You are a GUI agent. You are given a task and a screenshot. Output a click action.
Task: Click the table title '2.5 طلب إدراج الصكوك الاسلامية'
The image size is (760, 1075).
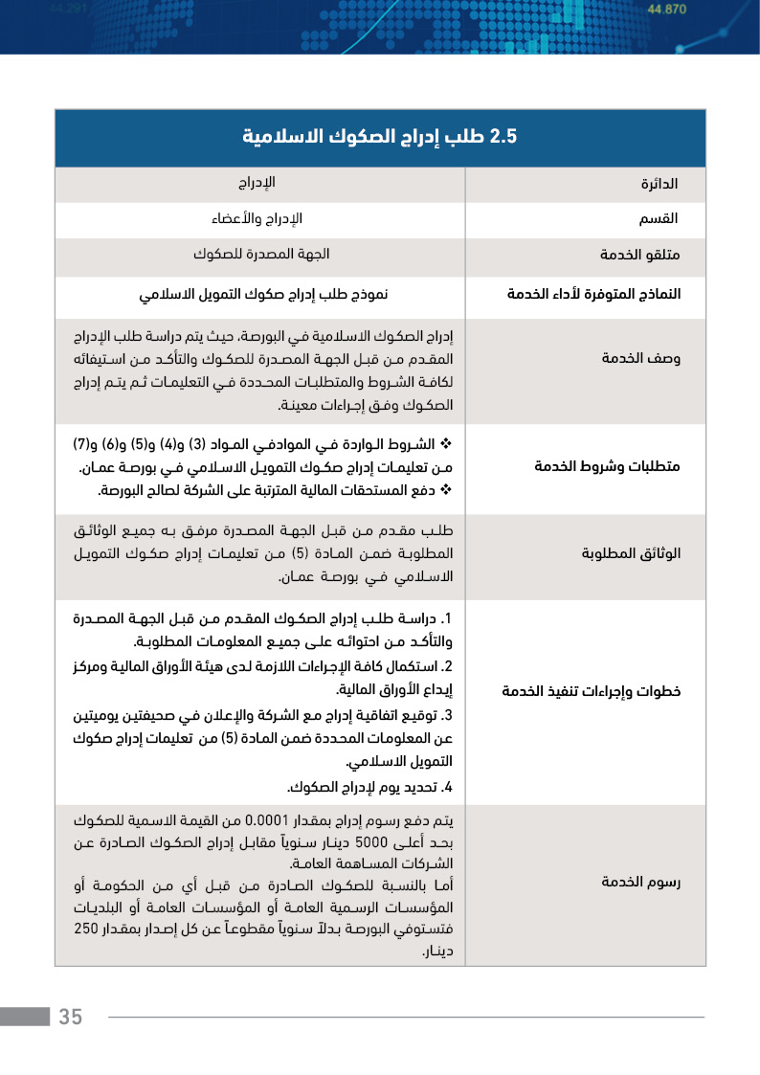[x=380, y=137]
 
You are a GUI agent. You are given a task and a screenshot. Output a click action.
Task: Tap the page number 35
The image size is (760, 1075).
[x=71, y=1017]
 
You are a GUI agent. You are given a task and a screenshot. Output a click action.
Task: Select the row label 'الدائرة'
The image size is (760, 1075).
[x=659, y=183]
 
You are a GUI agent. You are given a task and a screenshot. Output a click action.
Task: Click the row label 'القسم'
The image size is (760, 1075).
[x=659, y=219]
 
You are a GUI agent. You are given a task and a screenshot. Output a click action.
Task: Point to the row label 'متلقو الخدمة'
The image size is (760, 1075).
[x=640, y=256]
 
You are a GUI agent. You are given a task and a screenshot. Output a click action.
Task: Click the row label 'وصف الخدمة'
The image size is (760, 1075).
[x=640, y=358]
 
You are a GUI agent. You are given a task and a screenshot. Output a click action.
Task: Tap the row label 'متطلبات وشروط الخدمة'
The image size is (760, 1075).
[x=607, y=467]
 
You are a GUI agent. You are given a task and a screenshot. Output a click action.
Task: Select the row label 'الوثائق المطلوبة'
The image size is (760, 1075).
[x=631, y=554]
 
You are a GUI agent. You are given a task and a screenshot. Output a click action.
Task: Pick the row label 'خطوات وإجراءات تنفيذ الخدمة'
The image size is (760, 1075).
[x=592, y=691]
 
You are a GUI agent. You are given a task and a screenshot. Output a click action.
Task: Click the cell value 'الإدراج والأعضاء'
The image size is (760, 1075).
[x=257, y=219]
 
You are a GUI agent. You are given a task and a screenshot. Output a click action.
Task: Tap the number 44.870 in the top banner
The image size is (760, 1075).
[x=667, y=10]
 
